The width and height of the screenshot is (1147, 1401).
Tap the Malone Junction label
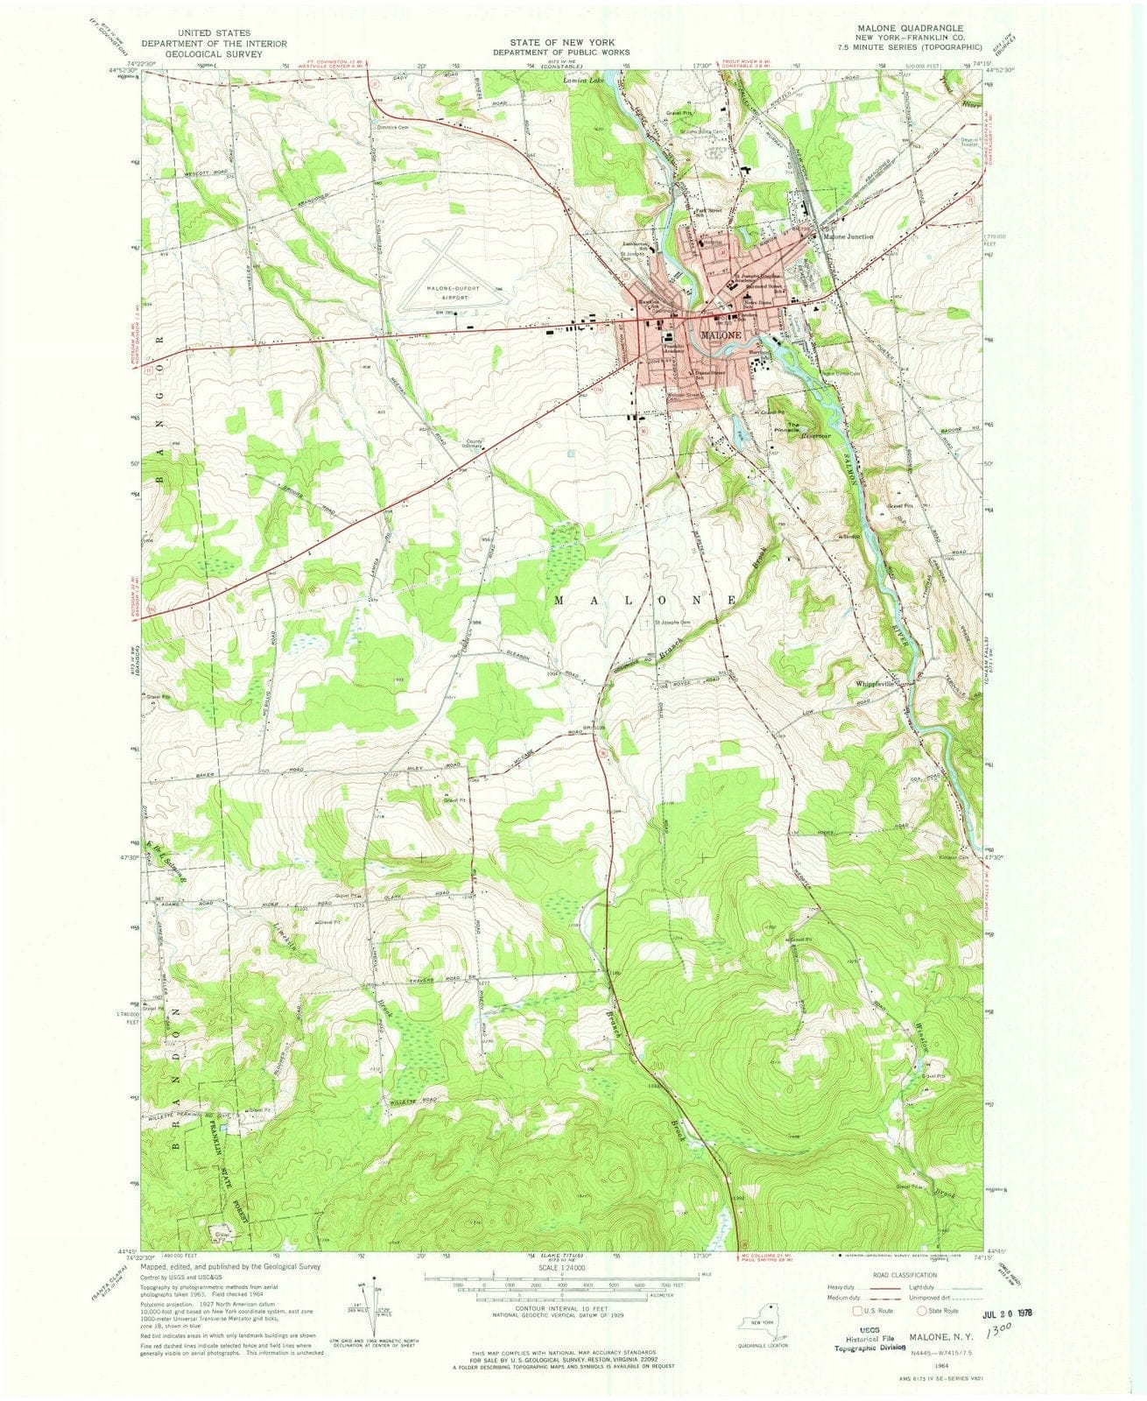[x=847, y=237]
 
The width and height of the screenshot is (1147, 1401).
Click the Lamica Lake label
[x=583, y=81]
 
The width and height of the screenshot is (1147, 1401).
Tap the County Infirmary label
[x=474, y=444]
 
